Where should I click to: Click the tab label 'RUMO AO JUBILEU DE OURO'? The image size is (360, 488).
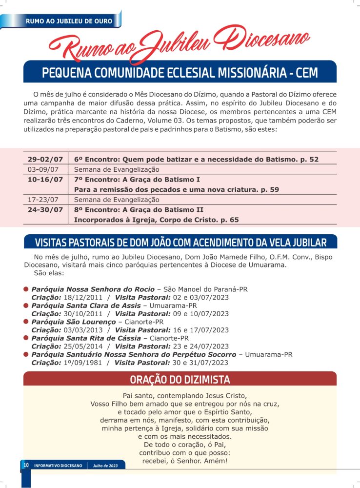pyautogui.click(x=69, y=21)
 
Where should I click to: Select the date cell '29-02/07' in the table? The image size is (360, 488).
pyautogui.click(x=45, y=159)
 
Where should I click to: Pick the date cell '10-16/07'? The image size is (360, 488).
pyautogui.click(x=45, y=179)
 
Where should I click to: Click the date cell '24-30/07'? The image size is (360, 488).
pyautogui.click(x=45, y=210)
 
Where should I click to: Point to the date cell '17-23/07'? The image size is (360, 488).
pyautogui.click(x=45, y=200)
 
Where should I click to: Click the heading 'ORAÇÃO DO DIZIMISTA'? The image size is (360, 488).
pyautogui.click(x=180, y=380)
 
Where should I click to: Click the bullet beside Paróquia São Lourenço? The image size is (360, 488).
pyautogui.click(x=26, y=322)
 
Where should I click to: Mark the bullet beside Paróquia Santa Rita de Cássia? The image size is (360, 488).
pyautogui.click(x=26, y=338)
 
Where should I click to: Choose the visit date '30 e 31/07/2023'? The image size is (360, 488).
pyautogui.click(x=200, y=363)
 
